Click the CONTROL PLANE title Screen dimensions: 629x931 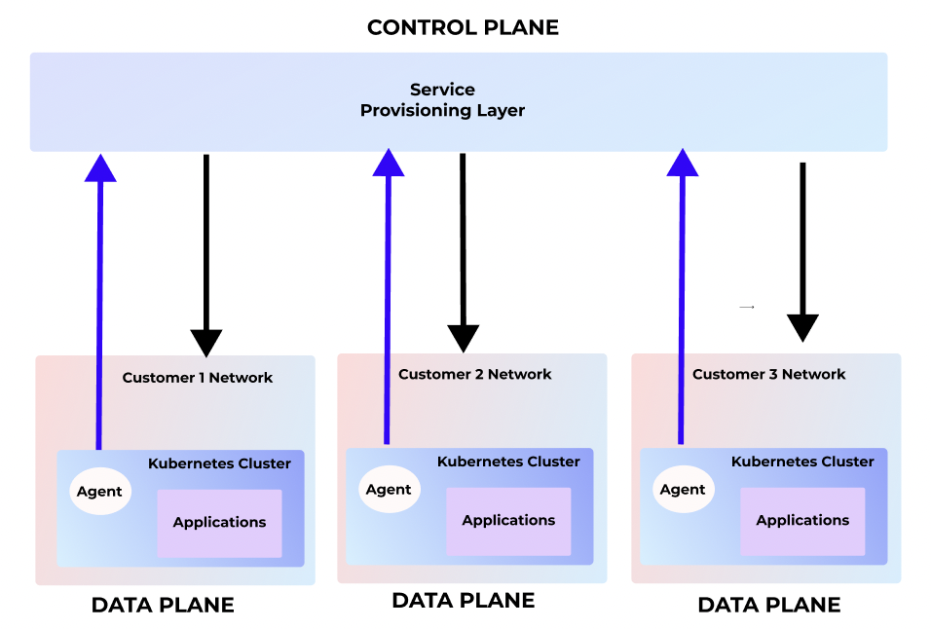(463, 27)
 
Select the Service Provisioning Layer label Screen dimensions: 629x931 (442, 100)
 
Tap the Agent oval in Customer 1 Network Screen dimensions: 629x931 (99, 491)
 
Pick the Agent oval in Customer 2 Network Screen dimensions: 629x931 (389, 489)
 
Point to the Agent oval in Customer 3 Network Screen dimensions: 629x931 (683, 489)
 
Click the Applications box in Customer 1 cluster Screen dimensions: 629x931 (219, 523)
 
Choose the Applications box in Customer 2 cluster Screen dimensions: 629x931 (508, 521)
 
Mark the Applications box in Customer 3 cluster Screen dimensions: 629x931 (802, 521)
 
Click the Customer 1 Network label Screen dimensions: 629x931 (198, 378)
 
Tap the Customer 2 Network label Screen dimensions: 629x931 (474, 374)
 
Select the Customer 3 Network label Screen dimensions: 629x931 (768, 374)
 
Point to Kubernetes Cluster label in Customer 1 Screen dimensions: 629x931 (219, 463)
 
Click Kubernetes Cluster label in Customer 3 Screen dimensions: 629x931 (802, 462)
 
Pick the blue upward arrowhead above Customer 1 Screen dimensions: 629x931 (99, 167)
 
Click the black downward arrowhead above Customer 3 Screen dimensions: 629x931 (802, 327)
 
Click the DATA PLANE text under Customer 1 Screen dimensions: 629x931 (163, 606)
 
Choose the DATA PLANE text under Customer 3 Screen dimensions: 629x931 (768, 606)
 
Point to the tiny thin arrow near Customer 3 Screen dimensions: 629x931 (747, 307)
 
